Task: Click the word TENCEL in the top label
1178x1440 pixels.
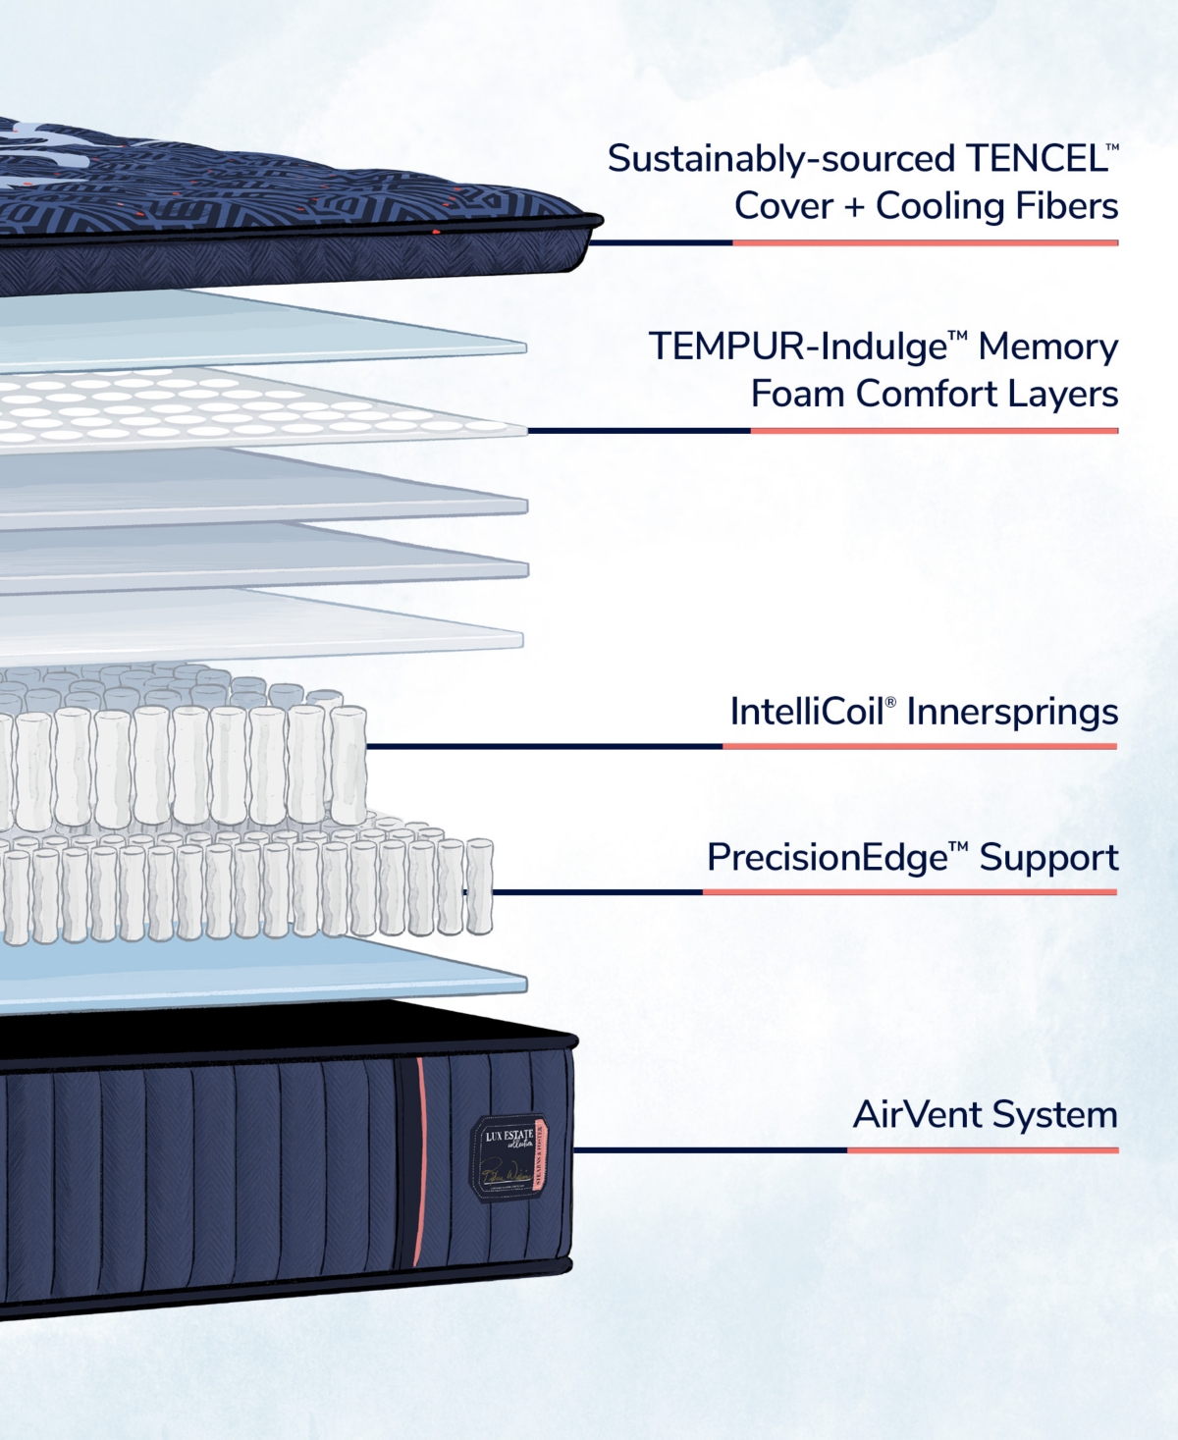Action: [1037, 159]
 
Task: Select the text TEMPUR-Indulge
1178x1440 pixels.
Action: [797, 347]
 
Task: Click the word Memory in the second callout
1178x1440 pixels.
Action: [1047, 347]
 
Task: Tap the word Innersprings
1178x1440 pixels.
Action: [1012, 712]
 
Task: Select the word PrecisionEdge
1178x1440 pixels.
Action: [827, 858]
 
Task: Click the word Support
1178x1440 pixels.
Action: [1048, 858]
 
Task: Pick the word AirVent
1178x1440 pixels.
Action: [917, 1115]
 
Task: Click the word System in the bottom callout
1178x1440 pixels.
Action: [1054, 1115]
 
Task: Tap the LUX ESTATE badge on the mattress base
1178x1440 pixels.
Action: [509, 1158]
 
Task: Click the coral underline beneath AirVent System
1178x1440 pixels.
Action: [982, 1149]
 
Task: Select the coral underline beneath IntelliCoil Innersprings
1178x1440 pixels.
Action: [920, 746]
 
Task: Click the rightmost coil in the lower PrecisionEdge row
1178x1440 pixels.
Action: [479, 885]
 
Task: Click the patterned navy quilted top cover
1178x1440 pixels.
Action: [245, 196]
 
